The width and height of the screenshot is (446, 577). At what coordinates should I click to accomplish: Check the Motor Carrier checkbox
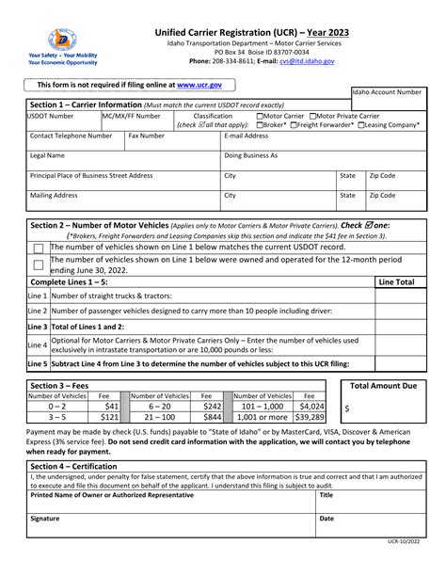tap(260, 116)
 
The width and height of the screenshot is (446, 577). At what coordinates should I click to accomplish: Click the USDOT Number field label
tap(51, 116)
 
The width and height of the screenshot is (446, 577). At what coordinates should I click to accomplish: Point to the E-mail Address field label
tap(247, 136)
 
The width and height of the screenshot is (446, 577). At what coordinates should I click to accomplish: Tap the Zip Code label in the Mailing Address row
tap(382, 196)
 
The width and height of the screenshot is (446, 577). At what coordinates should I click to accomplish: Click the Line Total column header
tap(395, 281)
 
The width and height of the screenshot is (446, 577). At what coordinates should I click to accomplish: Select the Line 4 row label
tap(37, 345)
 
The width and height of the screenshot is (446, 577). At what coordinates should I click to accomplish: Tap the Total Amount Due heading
tap(383, 387)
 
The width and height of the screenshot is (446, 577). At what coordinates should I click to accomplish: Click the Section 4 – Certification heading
tap(77, 466)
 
